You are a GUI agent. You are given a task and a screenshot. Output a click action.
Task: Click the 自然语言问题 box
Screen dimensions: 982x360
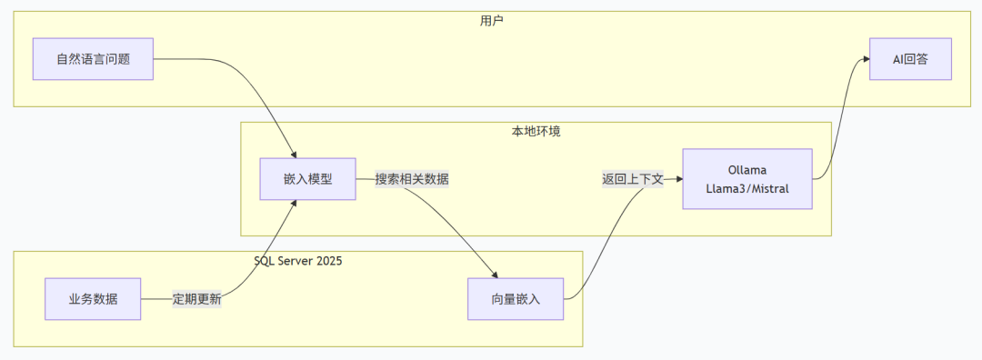(93, 59)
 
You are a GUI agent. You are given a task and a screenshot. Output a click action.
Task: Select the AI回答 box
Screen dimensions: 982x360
(910, 59)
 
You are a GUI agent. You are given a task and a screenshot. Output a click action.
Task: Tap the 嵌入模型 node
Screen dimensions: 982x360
(307, 179)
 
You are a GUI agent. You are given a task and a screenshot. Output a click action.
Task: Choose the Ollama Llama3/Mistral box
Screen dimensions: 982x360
(747, 179)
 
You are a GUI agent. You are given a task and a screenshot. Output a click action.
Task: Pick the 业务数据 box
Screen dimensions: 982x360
(93, 299)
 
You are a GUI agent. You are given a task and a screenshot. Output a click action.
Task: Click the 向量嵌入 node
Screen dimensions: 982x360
(516, 299)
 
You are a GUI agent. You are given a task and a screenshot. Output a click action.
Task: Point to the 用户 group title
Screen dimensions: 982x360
(492, 21)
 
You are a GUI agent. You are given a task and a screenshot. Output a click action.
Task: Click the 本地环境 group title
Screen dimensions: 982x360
(536, 132)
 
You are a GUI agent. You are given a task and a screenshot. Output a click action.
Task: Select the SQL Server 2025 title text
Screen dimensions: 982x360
(298, 261)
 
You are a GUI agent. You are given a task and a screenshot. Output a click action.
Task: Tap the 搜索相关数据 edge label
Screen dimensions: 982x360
(412, 179)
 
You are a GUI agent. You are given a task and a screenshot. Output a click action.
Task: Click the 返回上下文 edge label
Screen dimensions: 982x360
(633, 179)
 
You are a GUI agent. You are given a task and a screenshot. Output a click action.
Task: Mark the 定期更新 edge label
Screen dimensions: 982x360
(196, 299)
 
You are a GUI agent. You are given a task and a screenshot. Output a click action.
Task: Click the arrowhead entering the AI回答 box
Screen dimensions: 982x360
(867, 59)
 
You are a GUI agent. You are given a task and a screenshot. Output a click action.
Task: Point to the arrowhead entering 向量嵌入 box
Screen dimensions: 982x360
(494, 275)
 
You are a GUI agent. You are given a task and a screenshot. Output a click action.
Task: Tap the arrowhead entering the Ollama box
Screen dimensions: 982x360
(679, 179)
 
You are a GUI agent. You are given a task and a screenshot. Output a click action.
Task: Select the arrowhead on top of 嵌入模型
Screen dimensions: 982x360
(293, 155)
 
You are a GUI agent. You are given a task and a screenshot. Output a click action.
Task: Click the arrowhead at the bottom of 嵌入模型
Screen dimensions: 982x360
(293, 204)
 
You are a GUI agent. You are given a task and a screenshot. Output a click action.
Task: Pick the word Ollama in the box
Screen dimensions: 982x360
(747, 170)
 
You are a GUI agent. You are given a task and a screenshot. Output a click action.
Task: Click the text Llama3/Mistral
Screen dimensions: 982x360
(747, 187)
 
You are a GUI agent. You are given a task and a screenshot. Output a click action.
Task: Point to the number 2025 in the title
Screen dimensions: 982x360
(329, 261)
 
